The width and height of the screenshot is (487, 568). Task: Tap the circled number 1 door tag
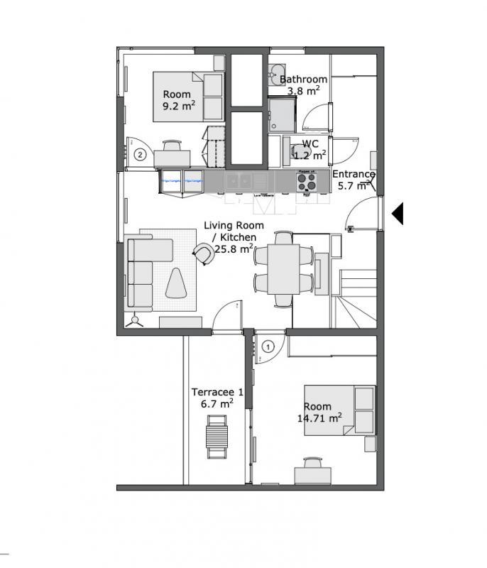268,347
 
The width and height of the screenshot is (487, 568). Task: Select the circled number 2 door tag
141,154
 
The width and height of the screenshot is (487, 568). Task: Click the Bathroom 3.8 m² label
303,84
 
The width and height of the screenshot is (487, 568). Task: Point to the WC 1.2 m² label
310,148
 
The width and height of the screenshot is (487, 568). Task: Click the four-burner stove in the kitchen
307,182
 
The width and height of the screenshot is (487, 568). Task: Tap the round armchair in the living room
204,253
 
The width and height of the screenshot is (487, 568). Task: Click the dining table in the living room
283,269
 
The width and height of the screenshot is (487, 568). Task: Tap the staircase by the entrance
355,295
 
